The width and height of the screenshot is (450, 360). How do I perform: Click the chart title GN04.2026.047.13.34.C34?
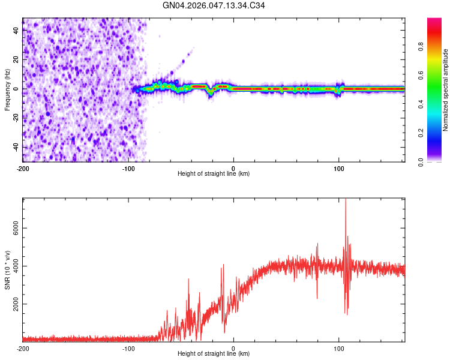pyautogui.click(x=214, y=5)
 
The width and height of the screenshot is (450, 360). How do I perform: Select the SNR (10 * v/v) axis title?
pyautogui.click(x=7, y=270)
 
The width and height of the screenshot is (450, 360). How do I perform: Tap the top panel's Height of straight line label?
pyautogui.click(x=214, y=174)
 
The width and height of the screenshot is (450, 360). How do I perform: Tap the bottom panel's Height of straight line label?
pyautogui.click(x=214, y=355)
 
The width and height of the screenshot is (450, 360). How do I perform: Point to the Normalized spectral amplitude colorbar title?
pyautogui.click(x=446, y=90)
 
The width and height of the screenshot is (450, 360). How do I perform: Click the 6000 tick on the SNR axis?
pyautogui.click(x=12, y=229)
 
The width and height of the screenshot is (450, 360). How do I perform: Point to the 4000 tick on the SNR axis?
pyautogui.click(x=12, y=266)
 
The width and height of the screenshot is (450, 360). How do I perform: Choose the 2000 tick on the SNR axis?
pyautogui.click(x=12, y=304)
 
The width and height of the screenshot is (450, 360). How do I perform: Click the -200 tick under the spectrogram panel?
pyautogui.click(x=23, y=168)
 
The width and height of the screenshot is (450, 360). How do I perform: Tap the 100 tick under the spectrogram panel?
pyautogui.click(x=339, y=168)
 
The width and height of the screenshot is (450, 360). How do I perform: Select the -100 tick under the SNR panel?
pyautogui.click(x=128, y=348)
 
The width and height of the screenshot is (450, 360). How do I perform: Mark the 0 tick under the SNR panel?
pyautogui.click(x=233, y=348)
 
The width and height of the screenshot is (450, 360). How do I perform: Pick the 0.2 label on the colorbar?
pyautogui.click(x=422, y=133)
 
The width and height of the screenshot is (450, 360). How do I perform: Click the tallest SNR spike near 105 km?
pyautogui.click(x=346, y=201)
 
